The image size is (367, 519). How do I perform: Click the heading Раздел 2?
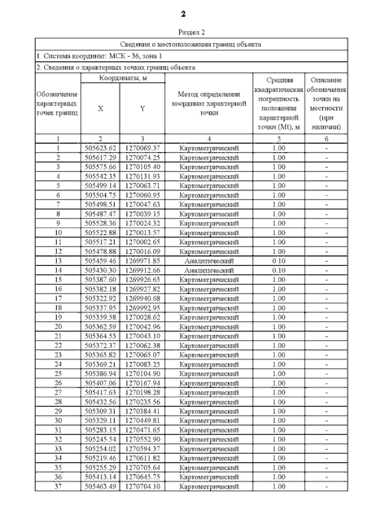coord(192,33)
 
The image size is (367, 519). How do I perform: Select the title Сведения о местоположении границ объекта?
coord(192,44)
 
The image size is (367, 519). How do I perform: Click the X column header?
coord(100,109)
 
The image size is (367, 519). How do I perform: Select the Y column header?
coord(142,109)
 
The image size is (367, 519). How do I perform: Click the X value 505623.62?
coord(100,148)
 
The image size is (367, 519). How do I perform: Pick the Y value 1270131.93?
coord(142,176)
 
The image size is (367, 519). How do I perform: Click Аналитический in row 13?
coord(209,260)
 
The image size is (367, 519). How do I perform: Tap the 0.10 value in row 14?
coord(279,270)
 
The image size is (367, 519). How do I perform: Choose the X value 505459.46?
coord(100,260)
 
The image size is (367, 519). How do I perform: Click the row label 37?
coord(58,486)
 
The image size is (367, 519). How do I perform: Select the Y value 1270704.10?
coord(142,486)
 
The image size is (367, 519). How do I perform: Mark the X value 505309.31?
coord(100,411)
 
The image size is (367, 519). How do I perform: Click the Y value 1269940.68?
coord(142,298)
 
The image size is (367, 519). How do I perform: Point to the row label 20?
coord(58,326)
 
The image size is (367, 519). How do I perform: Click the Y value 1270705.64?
coord(142,467)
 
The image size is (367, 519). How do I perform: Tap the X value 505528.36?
coord(100,223)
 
